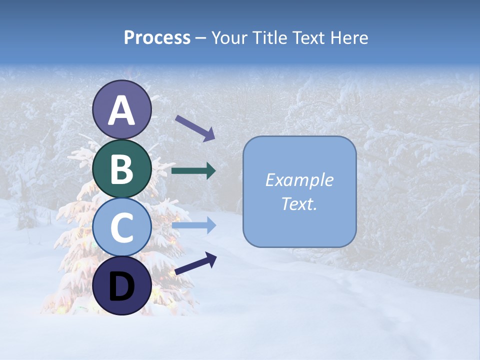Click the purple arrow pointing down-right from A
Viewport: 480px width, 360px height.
(195, 128)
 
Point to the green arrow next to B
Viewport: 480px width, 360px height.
(193, 170)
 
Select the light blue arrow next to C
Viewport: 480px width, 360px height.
(193, 225)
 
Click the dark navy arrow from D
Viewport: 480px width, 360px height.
(195, 263)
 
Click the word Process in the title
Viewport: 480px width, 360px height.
(157, 37)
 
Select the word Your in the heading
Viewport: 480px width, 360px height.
(229, 37)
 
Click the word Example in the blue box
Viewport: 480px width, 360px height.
(299, 180)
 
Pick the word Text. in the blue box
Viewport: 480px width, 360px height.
(299, 203)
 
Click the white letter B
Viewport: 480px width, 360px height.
(122, 169)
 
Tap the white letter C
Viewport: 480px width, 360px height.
(122, 227)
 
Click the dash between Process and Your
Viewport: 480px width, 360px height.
(200, 38)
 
